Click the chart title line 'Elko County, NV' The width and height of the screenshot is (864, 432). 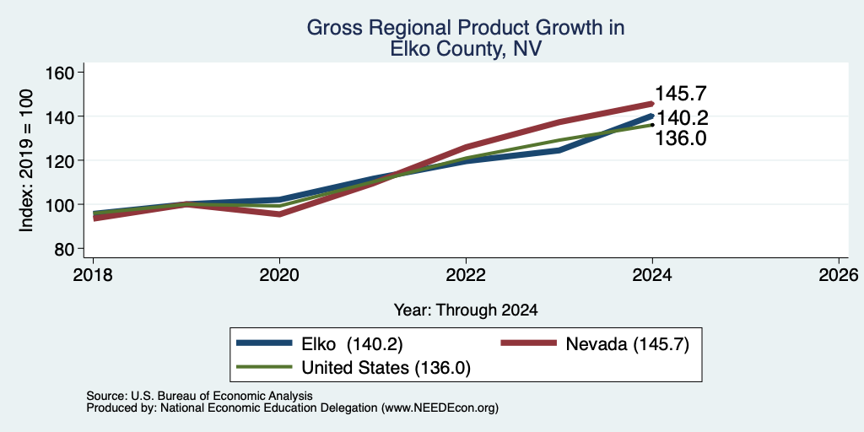point(466,48)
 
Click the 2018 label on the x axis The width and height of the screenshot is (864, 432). point(94,274)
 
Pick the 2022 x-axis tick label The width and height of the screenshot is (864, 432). point(466,274)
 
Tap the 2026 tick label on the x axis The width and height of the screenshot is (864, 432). point(839,274)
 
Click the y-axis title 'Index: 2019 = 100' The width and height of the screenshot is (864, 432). point(26,161)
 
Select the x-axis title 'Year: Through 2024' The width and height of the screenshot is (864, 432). point(466,310)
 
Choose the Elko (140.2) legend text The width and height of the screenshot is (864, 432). point(352,344)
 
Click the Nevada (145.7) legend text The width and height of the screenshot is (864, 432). point(627,344)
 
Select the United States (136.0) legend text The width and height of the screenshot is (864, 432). point(386,368)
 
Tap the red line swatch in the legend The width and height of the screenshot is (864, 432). point(528,343)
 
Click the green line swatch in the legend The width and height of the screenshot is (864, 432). point(264,366)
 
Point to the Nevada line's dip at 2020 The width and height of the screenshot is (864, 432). point(280,213)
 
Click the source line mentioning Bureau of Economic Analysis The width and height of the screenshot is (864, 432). point(199,396)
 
